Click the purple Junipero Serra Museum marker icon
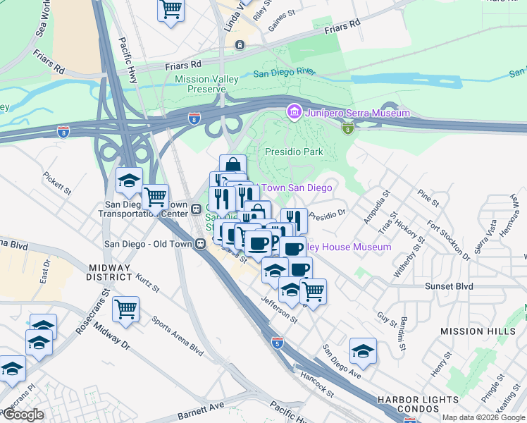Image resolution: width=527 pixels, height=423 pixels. [x=294, y=112]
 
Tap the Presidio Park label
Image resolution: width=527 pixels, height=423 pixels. [x=293, y=152]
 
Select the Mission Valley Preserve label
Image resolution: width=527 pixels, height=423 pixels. [x=206, y=84]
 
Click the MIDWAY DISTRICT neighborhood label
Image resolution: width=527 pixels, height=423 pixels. [x=109, y=272]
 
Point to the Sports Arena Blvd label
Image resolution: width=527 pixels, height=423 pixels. [x=177, y=336]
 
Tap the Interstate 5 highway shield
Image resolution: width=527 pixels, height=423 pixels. [x=278, y=342]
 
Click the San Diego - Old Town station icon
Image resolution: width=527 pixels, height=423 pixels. [x=201, y=244]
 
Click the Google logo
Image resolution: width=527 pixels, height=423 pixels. [x=24, y=415]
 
